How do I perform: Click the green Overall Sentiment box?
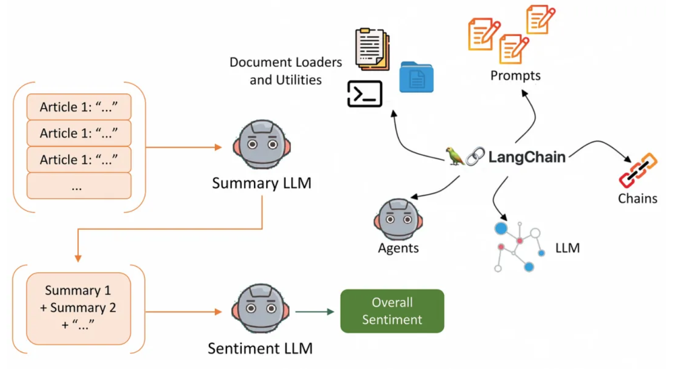click(392, 311)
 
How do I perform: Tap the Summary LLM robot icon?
click(262, 145)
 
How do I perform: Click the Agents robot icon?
click(398, 220)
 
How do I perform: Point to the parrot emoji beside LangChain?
click(455, 156)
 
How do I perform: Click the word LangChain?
click(527, 157)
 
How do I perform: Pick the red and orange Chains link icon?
click(638, 170)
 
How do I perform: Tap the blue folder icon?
click(416, 77)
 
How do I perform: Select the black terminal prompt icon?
click(365, 93)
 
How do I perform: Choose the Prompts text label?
click(515, 76)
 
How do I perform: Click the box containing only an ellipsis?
click(79, 186)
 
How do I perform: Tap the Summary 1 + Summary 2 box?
click(79, 308)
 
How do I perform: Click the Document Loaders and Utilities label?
click(286, 71)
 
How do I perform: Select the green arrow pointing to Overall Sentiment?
click(315, 312)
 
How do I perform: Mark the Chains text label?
click(637, 199)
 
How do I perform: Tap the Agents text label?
click(398, 248)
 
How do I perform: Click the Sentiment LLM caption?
click(260, 348)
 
